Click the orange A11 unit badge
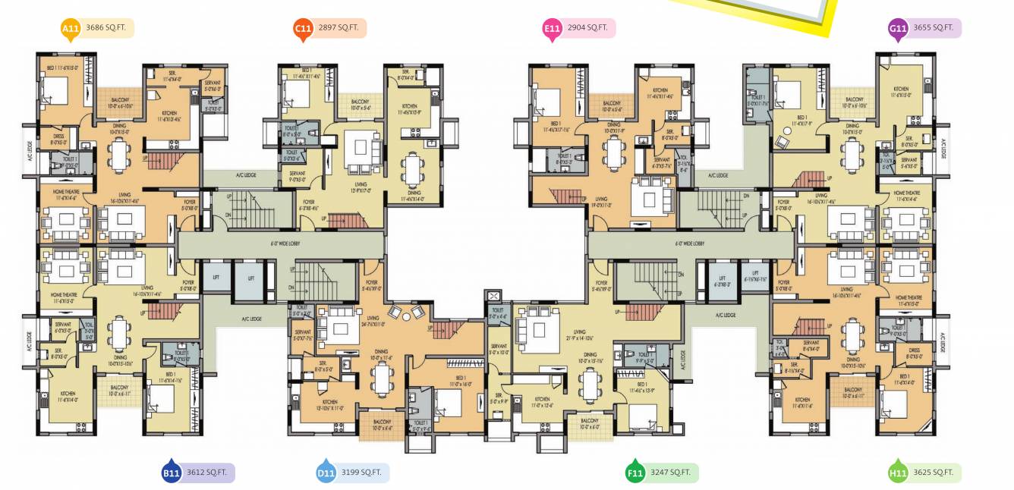[x=71, y=30]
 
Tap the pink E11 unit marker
[x=552, y=29]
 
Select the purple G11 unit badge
[x=898, y=29]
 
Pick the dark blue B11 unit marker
[x=171, y=473]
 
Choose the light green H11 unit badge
[x=898, y=473]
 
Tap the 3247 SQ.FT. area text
[x=671, y=473]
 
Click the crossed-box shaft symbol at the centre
[x=495, y=296]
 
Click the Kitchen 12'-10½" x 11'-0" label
[x=329, y=404]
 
